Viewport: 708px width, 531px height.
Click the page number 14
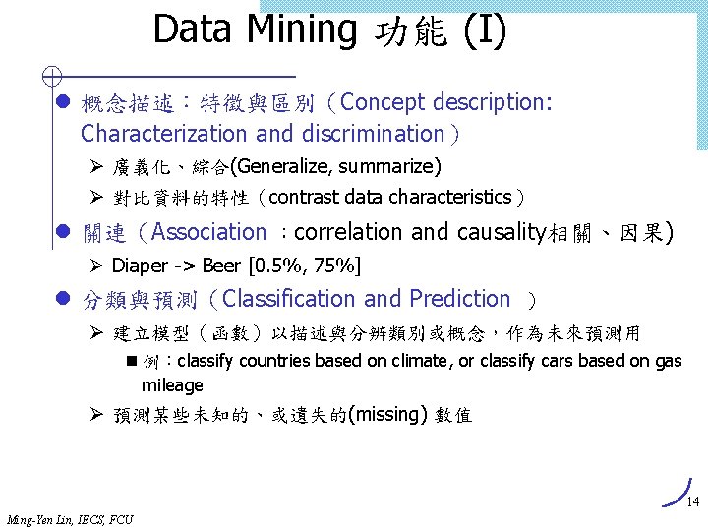coord(691,502)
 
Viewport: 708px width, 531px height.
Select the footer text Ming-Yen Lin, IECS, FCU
coord(70,519)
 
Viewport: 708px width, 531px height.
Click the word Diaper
coord(140,265)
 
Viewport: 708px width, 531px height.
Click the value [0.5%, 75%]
coord(305,265)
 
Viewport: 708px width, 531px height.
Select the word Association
coord(208,232)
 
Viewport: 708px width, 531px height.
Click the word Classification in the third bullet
coord(291,299)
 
